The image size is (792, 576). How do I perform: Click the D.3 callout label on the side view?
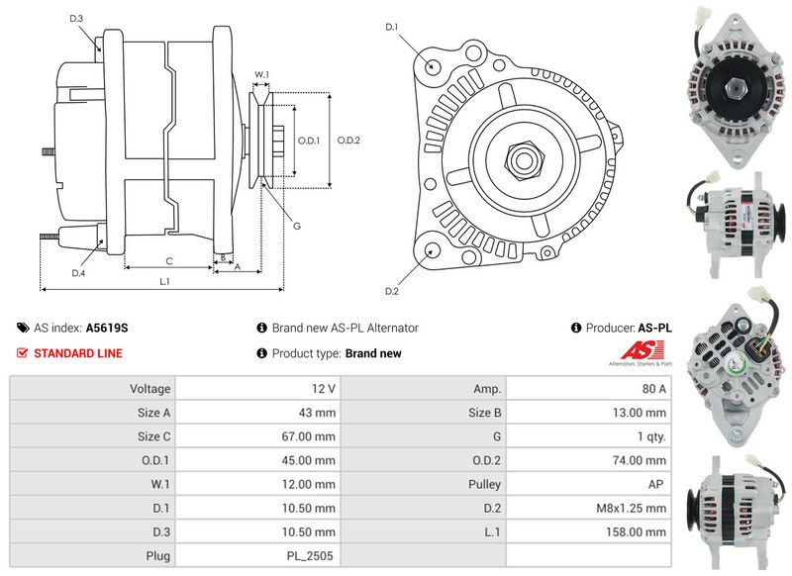(76, 19)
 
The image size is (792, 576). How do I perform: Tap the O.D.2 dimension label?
(348, 141)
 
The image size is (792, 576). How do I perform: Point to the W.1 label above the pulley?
(261, 74)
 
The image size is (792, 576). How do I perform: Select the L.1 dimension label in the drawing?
(164, 282)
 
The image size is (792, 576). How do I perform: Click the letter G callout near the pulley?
(297, 226)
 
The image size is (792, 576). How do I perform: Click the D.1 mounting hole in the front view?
(432, 66)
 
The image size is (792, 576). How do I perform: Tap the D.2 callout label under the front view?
(392, 291)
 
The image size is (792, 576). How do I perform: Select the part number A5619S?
(107, 329)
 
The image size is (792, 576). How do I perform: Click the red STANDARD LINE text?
(78, 353)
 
